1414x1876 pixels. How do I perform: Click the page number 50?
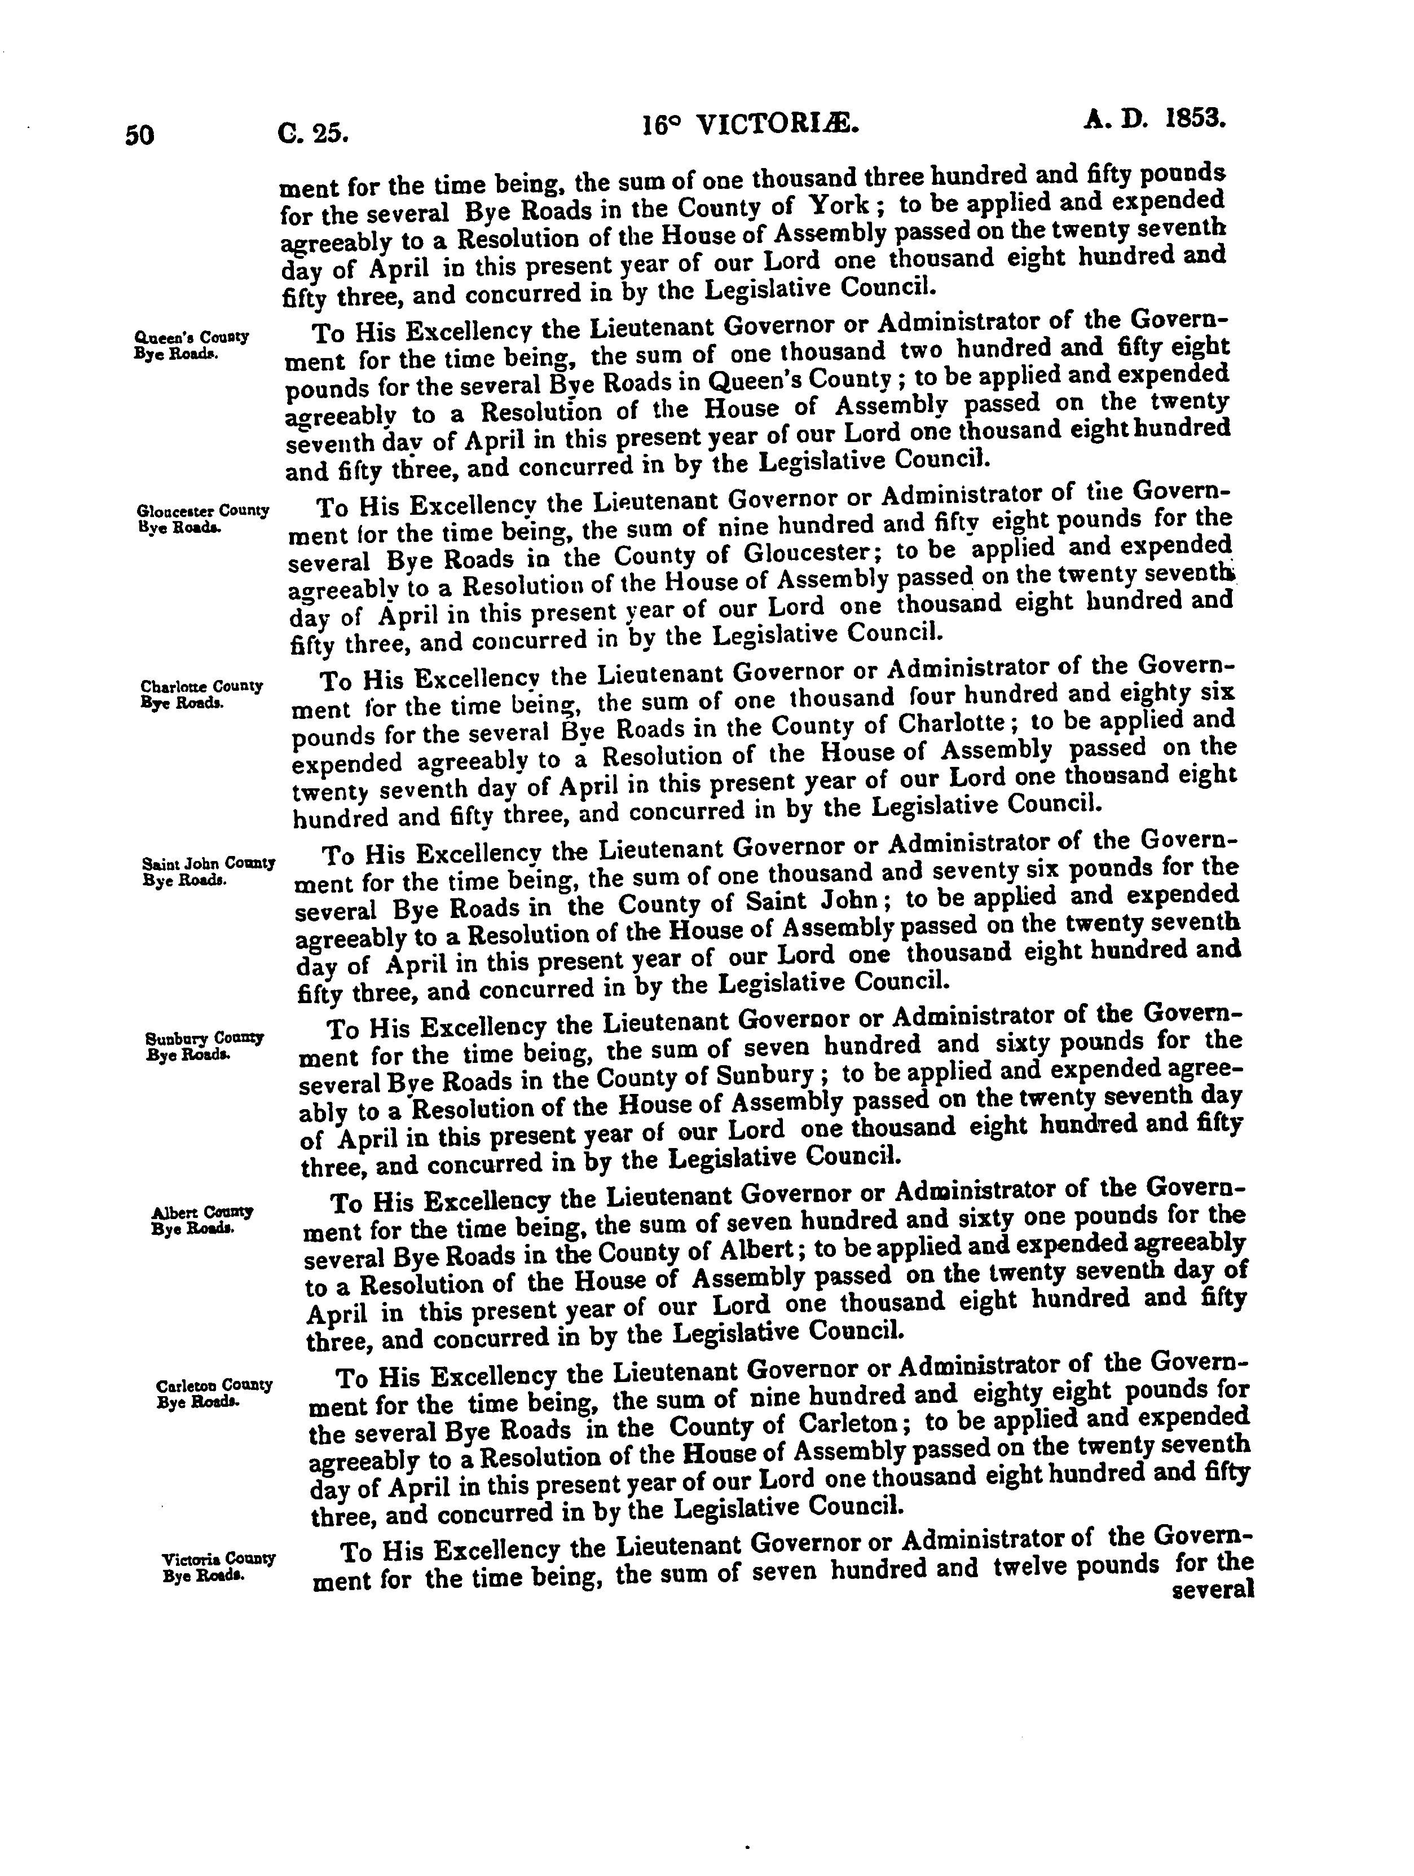coord(140,135)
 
